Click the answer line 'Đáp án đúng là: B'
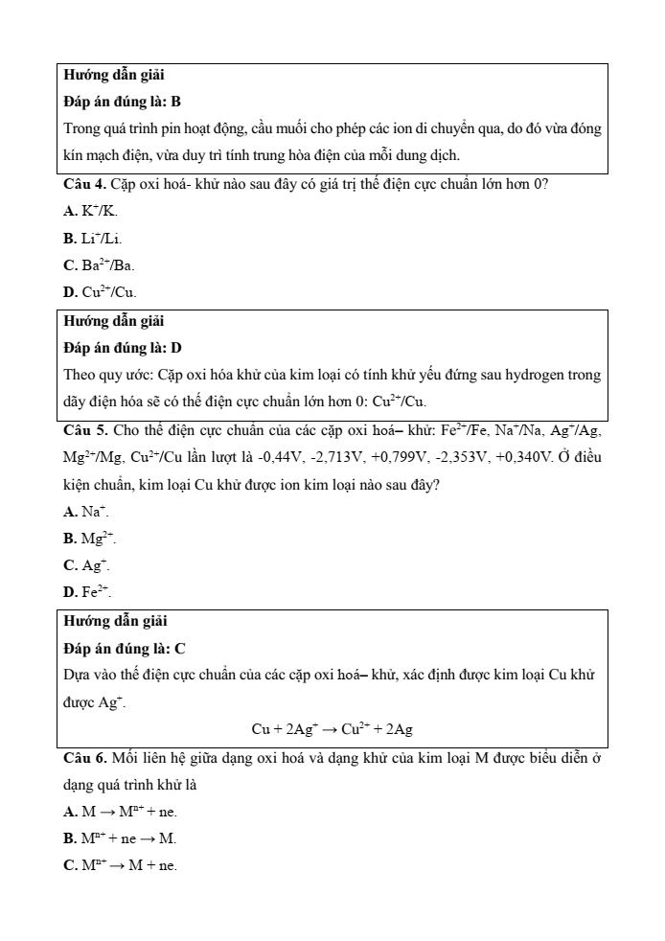tap(122, 101)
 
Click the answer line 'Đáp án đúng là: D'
tap(123, 347)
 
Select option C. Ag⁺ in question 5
tap(85, 566)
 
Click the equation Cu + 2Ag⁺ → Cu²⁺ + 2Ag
tap(332, 729)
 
